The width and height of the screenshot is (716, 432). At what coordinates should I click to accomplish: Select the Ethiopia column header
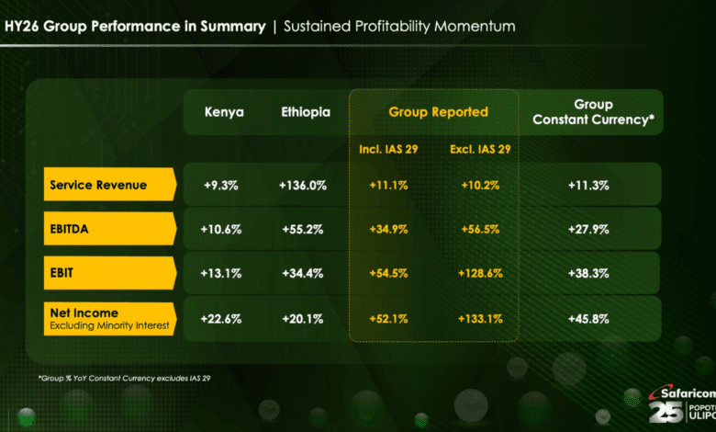[303, 112]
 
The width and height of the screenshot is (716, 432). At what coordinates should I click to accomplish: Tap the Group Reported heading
[438, 112]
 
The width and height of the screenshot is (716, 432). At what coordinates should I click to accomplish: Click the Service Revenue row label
[98, 185]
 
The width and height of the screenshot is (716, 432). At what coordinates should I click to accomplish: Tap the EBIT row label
[64, 273]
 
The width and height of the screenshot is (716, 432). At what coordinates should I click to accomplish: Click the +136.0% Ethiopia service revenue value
[303, 185]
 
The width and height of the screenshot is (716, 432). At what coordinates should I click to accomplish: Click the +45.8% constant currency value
[593, 318]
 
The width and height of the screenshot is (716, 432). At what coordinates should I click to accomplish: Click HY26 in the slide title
[22, 27]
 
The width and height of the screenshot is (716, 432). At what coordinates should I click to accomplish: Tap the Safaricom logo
[678, 404]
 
